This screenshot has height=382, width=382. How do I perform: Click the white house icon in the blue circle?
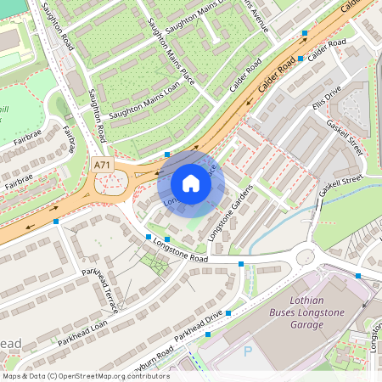191,183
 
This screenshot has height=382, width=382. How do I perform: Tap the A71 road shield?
102,165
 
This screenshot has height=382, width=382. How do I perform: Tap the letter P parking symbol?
248,350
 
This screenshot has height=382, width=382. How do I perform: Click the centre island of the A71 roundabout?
108,182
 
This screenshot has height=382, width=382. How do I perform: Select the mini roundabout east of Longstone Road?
304,256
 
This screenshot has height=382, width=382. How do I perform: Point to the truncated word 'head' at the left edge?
10,343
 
